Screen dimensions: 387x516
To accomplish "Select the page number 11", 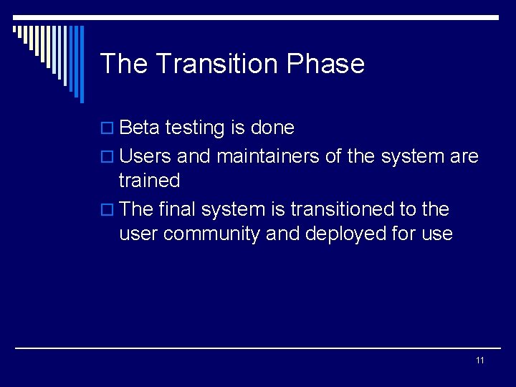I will pos(479,360).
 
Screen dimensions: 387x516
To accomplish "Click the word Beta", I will pos(140,128).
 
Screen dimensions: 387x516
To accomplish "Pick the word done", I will pos(272,128).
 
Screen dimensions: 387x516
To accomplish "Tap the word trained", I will pos(149,180).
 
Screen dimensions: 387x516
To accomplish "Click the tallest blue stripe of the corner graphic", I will pos(81,64).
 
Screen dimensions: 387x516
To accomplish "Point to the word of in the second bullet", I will pos(333,156).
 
